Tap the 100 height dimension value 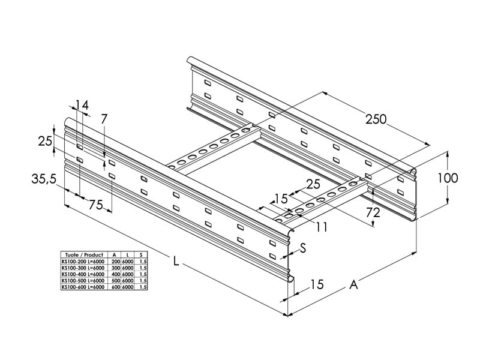click(448, 178)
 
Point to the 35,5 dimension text click(45, 178)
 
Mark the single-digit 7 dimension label click(104, 119)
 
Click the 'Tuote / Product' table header click(85, 254)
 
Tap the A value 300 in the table click(116, 268)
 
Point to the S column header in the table click(142, 254)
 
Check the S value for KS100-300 click(142, 268)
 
